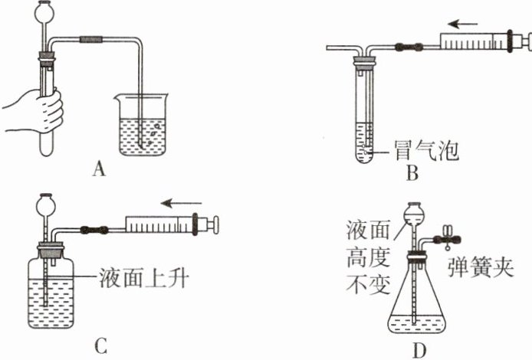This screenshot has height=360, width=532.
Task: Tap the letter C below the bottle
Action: tap(100, 346)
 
